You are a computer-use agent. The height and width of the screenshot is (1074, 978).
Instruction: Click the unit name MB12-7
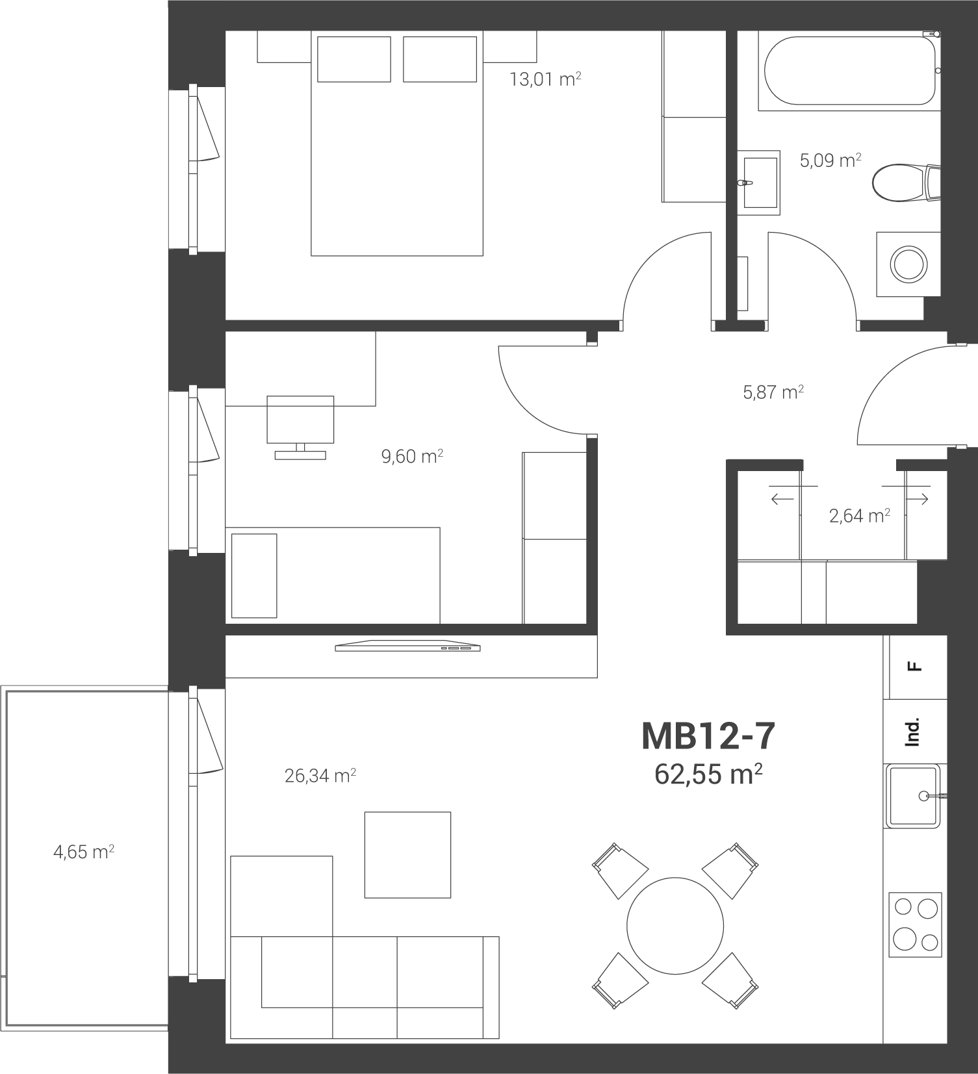point(708,736)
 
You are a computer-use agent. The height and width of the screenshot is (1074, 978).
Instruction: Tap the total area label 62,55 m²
point(708,774)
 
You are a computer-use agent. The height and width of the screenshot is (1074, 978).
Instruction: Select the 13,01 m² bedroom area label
point(545,79)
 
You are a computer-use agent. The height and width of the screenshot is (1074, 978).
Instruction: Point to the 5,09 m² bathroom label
point(830,160)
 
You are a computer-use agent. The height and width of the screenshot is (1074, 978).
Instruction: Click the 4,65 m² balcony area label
point(84,851)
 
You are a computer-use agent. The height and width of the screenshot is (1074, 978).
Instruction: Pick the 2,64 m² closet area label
point(859,515)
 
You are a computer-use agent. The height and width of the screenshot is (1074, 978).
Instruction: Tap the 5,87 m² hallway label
point(773,392)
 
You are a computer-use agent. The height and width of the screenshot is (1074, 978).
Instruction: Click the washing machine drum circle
point(908,264)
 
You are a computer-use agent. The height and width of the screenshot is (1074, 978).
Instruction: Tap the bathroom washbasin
point(758,183)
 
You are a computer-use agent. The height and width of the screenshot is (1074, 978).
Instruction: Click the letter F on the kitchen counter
point(915,666)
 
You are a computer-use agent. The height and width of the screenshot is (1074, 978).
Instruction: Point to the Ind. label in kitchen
point(914,732)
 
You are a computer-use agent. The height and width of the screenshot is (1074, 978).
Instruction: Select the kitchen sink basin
point(913,796)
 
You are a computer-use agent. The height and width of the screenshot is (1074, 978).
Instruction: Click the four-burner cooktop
point(916,924)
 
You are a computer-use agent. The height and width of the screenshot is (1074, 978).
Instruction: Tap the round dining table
point(675,925)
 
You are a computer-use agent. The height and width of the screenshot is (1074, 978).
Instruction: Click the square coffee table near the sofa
point(407,854)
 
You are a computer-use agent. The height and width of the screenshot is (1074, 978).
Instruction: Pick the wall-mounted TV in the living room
point(407,646)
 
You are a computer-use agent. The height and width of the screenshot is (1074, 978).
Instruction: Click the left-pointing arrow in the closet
point(782,499)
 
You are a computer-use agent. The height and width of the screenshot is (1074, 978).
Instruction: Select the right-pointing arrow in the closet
point(917,499)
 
